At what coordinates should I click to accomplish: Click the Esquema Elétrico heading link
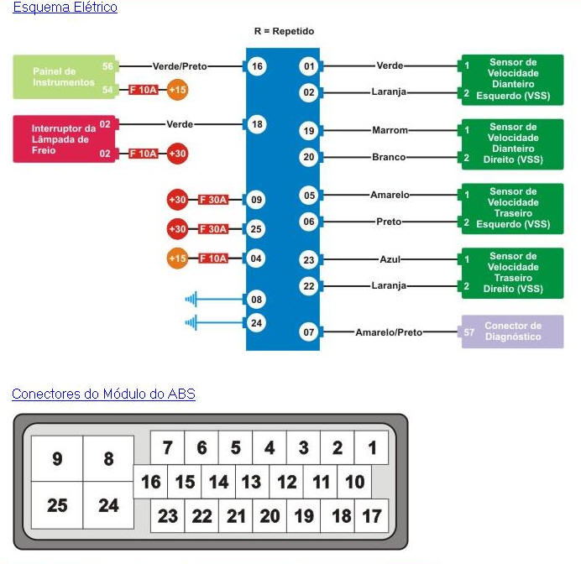coord(65,8)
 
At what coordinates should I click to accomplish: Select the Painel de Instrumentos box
coord(65,76)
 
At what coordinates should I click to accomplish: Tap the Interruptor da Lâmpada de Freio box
coord(65,138)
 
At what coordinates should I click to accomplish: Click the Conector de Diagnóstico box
coord(512,332)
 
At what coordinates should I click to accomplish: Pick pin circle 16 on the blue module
coord(257,66)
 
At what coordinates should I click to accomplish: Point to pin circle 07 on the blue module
coord(309,332)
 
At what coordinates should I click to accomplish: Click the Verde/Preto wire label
coord(180,66)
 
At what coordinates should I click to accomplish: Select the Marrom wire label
coord(390,131)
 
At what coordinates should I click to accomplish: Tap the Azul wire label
coord(390,260)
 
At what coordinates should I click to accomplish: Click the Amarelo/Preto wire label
coord(389,332)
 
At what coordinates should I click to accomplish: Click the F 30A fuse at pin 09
coord(213,200)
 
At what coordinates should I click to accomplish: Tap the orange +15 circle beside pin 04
coord(177,258)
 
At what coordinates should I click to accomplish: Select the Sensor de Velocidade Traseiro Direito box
coord(512,273)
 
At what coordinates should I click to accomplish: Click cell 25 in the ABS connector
coord(57,505)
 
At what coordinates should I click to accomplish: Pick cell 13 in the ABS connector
coord(251,483)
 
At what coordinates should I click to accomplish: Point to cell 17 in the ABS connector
coord(371,516)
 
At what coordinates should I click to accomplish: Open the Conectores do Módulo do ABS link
coord(103,394)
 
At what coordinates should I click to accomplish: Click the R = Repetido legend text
coord(284,31)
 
